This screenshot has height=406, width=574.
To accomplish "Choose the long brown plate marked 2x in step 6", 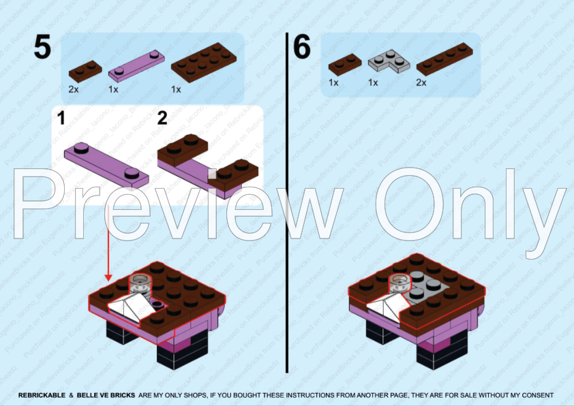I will click(444, 59).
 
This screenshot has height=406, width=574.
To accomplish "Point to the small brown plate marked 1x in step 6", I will click(345, 64).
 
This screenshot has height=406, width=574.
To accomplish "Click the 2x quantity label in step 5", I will click(74, 89).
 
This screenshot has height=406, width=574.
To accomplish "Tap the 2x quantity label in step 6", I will click(421, 82).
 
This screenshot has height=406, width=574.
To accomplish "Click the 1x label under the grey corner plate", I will click(373, 82).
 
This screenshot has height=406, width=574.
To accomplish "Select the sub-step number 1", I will click(61, 119).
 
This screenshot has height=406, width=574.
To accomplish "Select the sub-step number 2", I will click(162, 119).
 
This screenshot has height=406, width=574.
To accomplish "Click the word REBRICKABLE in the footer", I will click(42, 395).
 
